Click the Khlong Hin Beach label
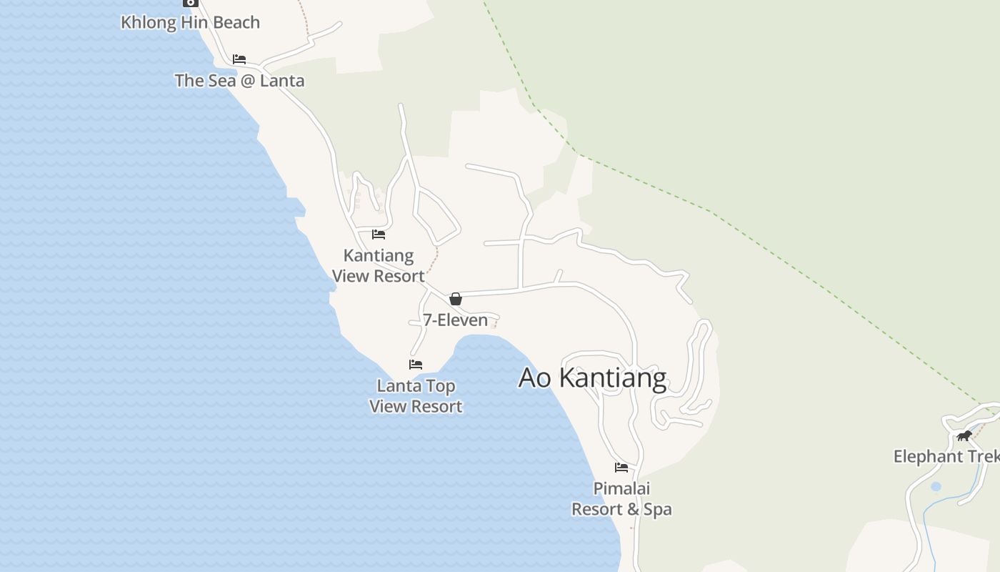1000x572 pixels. point(190,22)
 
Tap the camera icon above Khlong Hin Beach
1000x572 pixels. point(190,2)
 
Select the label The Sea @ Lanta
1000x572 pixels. point(239,80)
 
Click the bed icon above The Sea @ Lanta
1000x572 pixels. point(239,59)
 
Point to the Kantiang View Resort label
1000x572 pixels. point(378,265)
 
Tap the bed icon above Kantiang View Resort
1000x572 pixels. point(379,234)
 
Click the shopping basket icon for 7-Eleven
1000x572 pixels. point(456,299)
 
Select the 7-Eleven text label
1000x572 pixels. point(455,320)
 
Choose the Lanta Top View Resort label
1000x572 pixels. point(416,396)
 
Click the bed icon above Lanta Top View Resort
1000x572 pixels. point(416,365)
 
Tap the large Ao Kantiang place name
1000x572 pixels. point(592,378)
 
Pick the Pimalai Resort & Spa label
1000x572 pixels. point(621,498)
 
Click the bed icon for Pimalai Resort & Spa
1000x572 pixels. point(621,468)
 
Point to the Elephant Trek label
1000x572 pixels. point(946,456)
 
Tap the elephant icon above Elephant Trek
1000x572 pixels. point(964,435)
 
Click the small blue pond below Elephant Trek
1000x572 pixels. point(936,487)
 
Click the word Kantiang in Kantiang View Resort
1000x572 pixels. point(378,255)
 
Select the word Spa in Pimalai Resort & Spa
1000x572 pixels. point(658,509)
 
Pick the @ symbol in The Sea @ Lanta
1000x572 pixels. point(248,80)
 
